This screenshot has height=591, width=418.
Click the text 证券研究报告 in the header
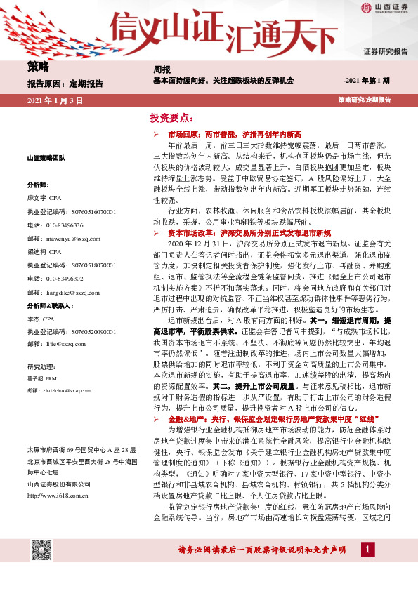[x=385, y=52]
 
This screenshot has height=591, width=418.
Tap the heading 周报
[x=162, y=69]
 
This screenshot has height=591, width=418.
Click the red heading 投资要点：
[x=171, y=117]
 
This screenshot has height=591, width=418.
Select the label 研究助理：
[x=41, y=366]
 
